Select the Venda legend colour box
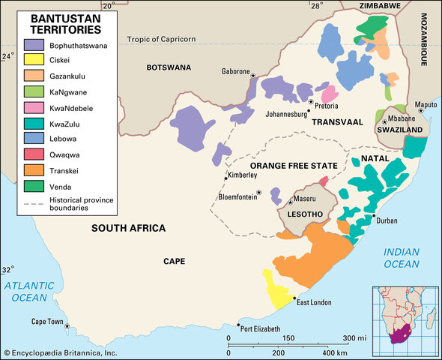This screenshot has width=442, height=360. (x=34, y=186)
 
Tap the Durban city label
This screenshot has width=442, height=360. (x=386, y=220)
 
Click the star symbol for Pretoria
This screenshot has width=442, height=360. (x=310, y=100)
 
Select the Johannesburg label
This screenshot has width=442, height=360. (x=286, y=114)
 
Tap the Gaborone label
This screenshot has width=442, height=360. (x=234, y=71)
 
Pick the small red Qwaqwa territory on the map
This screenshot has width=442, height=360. (x=324, y=181)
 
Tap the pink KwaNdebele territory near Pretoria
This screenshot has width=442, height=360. (x=329, y=94)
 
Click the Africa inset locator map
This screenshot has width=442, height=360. (x=401, y=317)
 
